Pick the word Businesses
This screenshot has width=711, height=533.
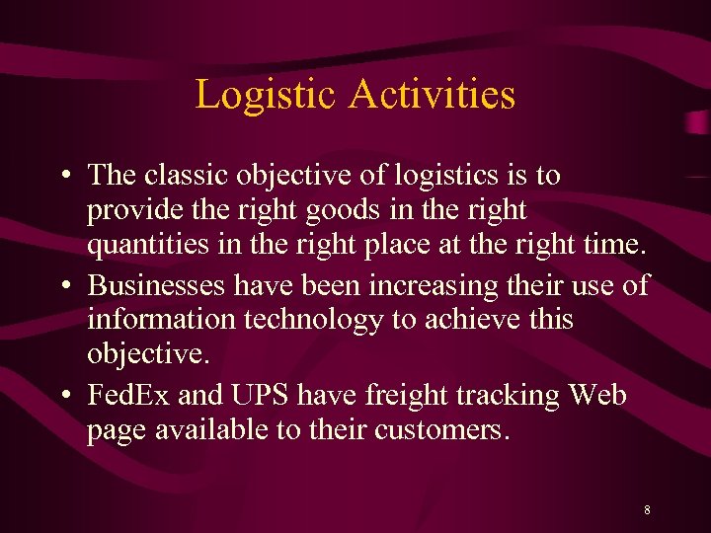(157, 285)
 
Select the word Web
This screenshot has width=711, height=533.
(597, 395)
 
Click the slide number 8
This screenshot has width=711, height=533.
(647, 510)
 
